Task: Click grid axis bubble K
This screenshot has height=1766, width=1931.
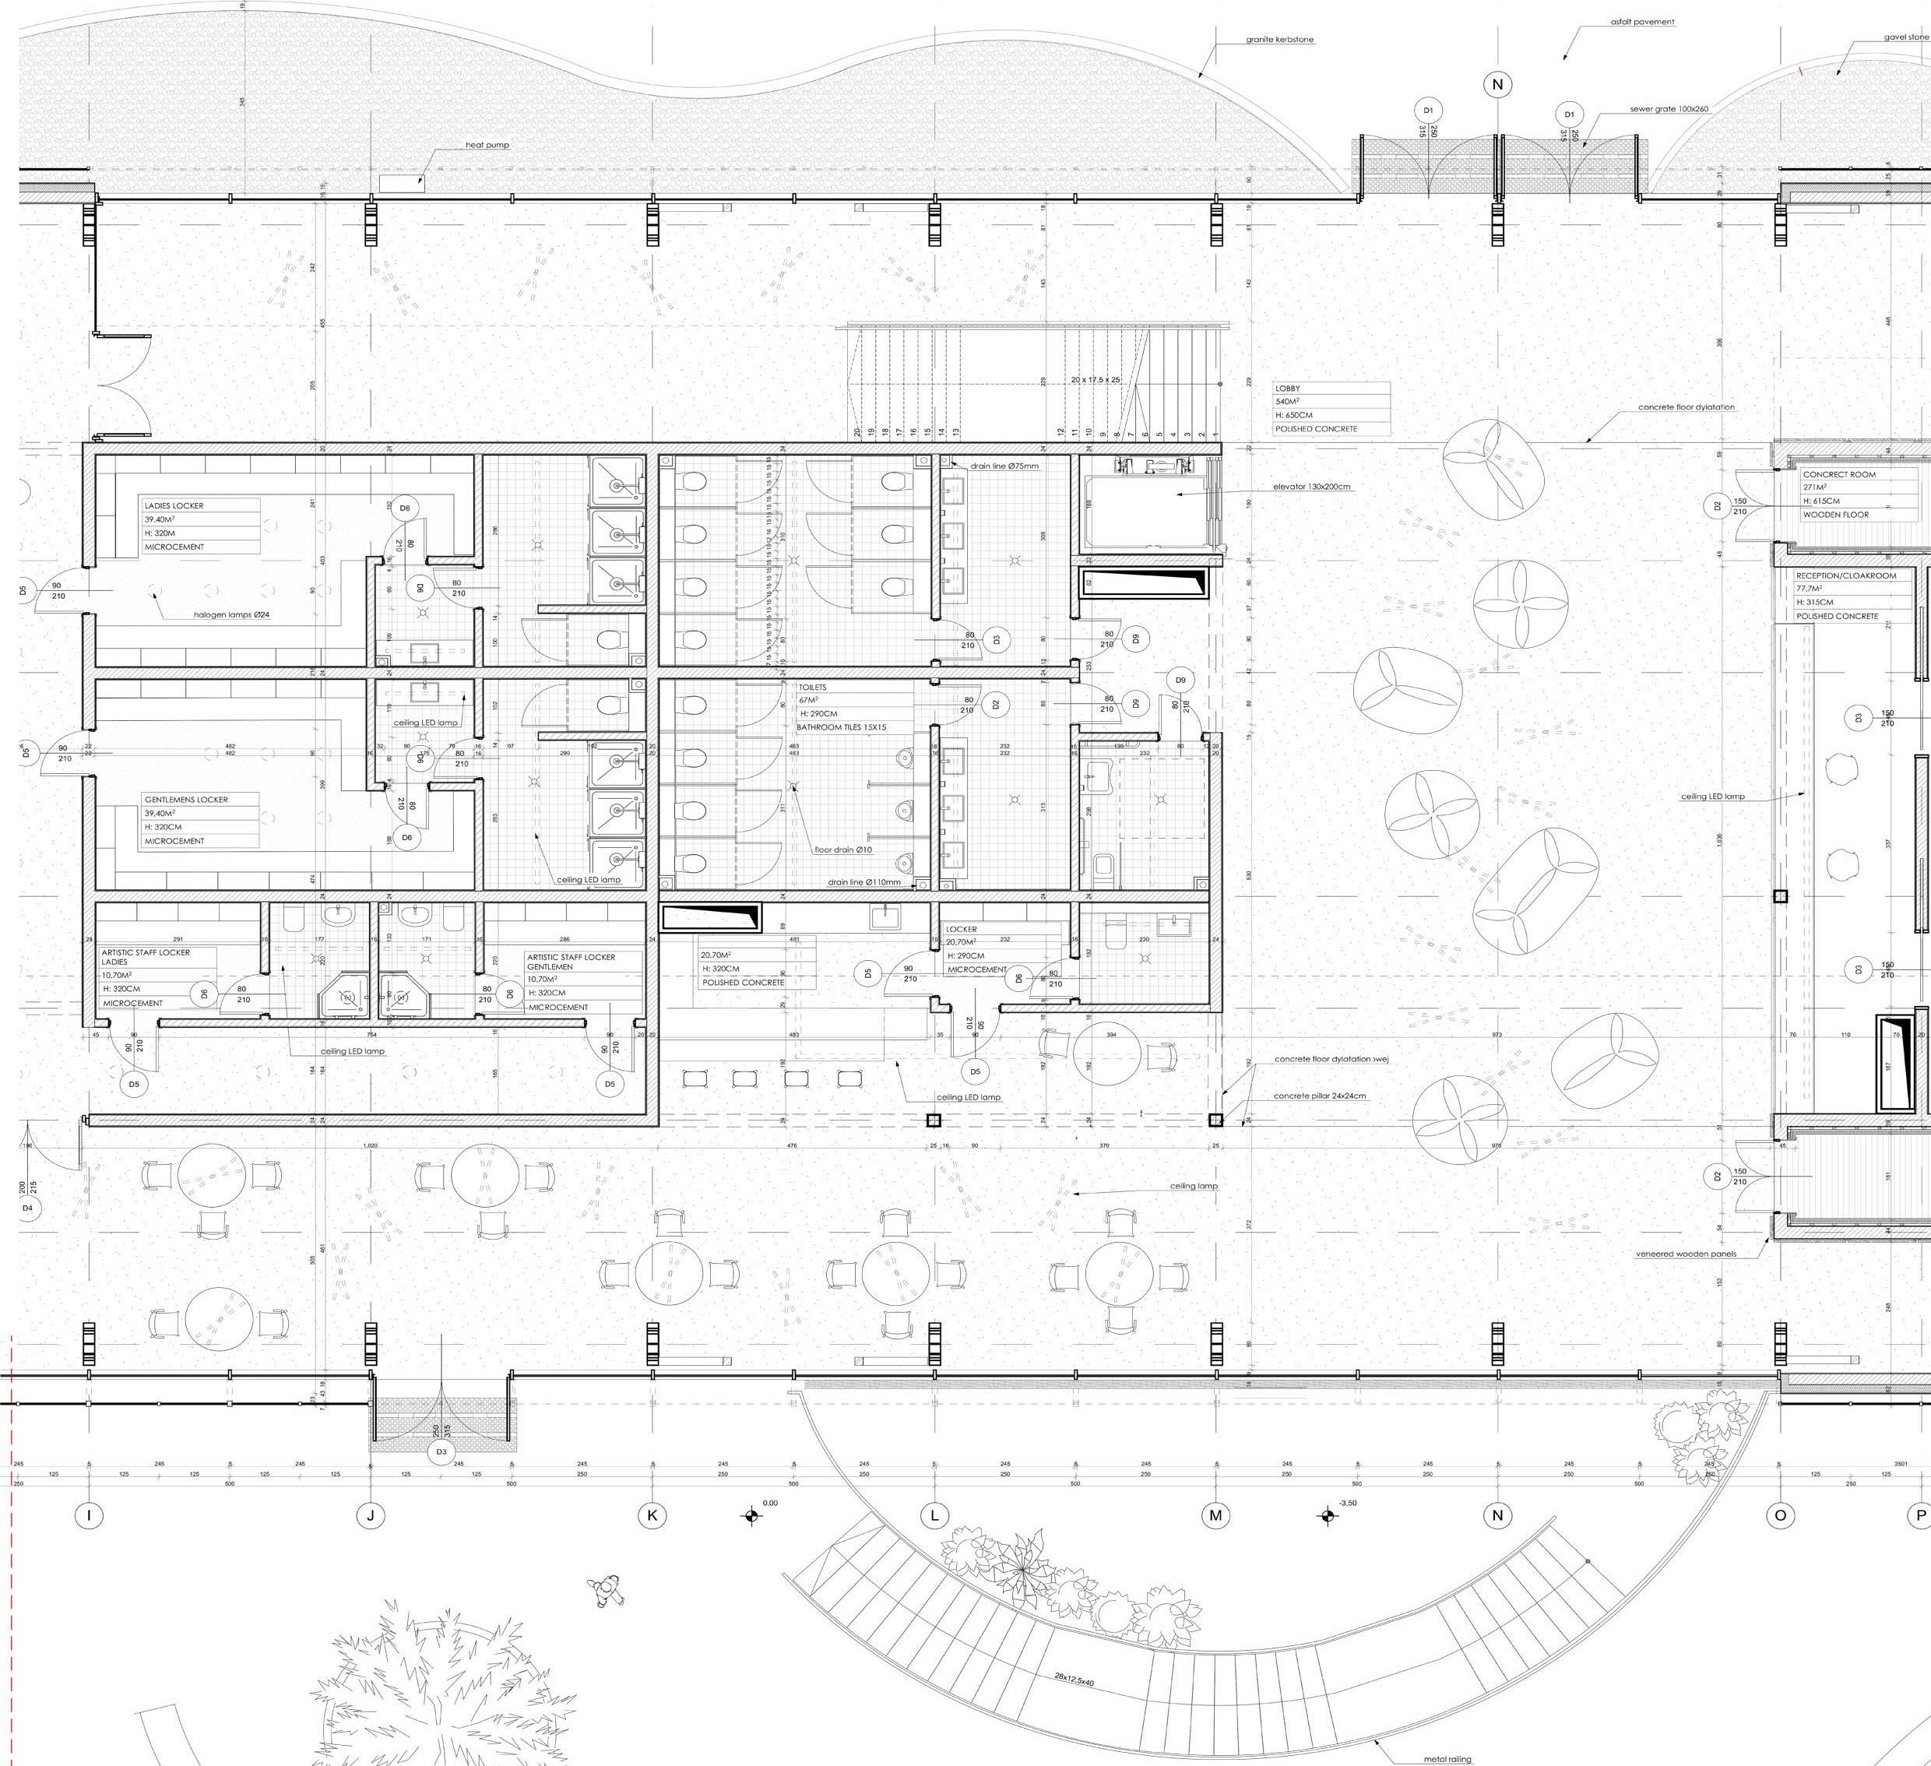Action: click(652, 1515)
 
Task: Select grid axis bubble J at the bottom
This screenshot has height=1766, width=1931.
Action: click(371, 1515)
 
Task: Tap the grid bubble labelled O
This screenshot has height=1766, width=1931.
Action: click(1781, 1515)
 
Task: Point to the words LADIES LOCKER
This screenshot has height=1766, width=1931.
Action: click(174, 505)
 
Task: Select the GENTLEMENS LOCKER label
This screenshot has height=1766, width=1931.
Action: click(186, 800)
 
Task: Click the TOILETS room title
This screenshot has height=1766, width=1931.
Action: click(812, 688)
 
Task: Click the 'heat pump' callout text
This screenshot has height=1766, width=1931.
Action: click(487, 146)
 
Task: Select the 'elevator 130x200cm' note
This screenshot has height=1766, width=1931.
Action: click(1311, 487)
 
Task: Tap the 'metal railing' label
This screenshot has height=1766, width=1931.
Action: click(1447, 1758)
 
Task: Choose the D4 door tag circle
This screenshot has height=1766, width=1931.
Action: click(26, 1208)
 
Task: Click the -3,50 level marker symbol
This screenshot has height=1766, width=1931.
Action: click(1328, 1515)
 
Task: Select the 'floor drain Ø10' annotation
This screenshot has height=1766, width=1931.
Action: click(843, 850)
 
